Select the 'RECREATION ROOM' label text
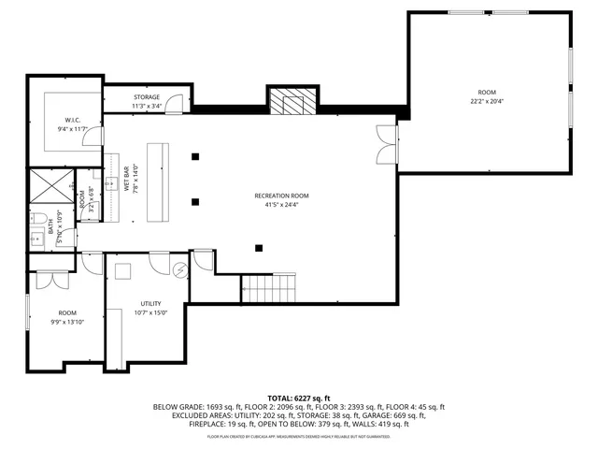(281, 196)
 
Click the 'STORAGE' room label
(147, 97)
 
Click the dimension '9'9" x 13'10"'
(67, 321)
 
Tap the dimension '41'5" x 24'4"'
(281, 204)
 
